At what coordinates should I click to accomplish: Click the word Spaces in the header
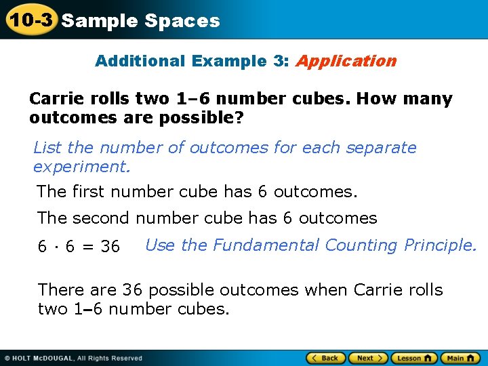click(182, 21)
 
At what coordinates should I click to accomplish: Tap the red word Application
click(346, 61)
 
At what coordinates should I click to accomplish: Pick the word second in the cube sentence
click(101, 218)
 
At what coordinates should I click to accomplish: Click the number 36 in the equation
click(110, 247)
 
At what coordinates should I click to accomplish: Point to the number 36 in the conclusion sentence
click(134, 290)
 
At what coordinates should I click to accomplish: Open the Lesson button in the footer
click(413, 358)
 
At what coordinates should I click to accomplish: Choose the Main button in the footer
click(460, 358)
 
